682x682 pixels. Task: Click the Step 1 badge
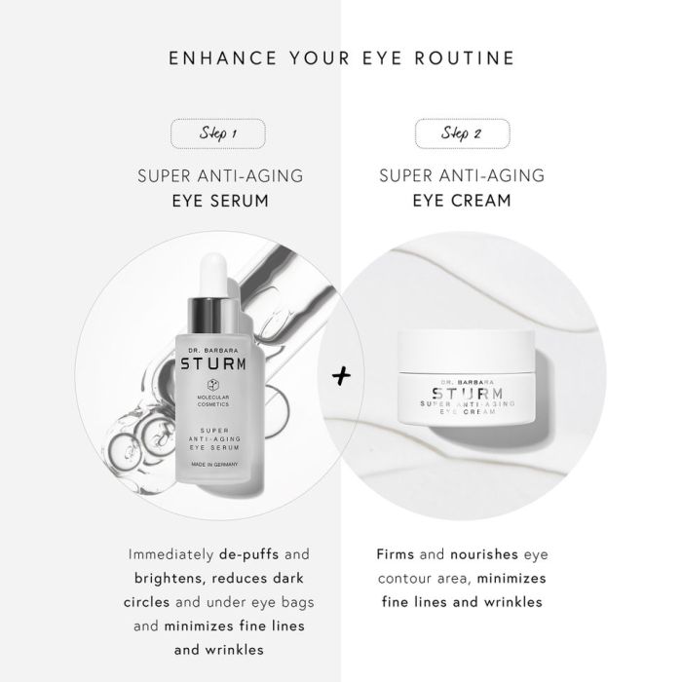pyautogui.click(x=218, y=133)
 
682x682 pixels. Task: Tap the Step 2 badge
pyautogui.click(x=462, y=133)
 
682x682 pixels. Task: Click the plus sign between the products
pyautogui.click(x=341, y=376)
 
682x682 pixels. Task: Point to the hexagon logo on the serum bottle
pyautogui.click(x=212, y=385)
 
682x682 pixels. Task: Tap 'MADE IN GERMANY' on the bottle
pyautogui.click(x=214, y=465)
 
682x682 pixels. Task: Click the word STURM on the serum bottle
pyautogui.click(x=213, y=364)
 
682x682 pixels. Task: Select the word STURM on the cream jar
pyautogui.click(x=468, y=394)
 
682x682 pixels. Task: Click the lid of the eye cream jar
pyautogui.click(x=466, y=352)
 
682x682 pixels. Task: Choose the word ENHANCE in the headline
pyautogui.click(x=223, y=58)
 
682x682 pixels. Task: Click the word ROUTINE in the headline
pyautogui.click(x=465, y=58)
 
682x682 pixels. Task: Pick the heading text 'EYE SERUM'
pyautogui.click(x=220, y=201)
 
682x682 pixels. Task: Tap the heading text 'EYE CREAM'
pyautogui.click(x=462, y=201)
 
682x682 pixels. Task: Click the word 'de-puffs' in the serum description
pyautogui.click(x=248, y=554)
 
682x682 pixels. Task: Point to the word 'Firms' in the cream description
pyautogui.click(x=396, y=554)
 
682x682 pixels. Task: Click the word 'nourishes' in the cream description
pyautogui.click(x=484, y=554)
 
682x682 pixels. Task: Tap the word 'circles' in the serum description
pyautogui.click(x=146, y=602)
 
